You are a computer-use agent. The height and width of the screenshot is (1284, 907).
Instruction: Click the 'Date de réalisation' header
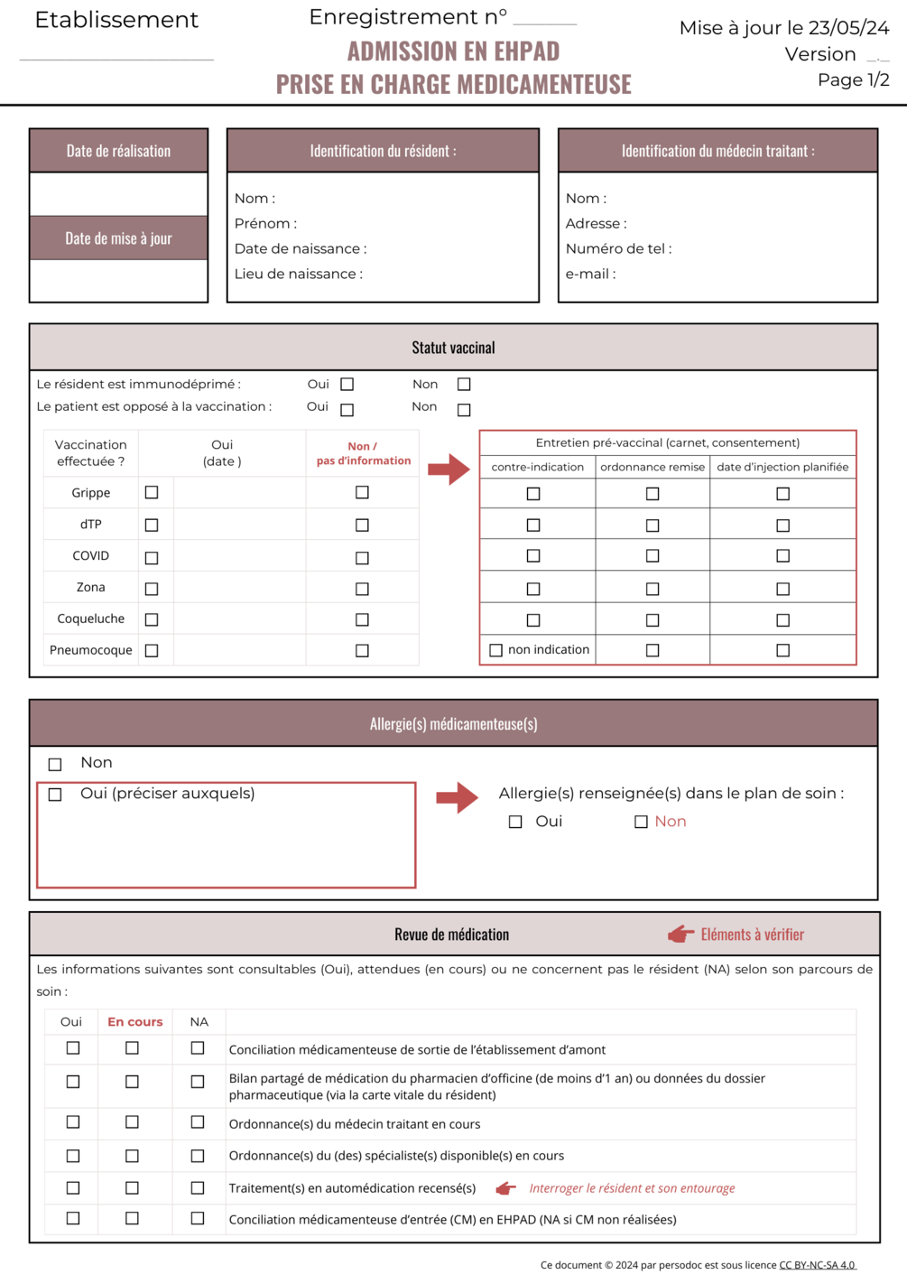pos(118,151)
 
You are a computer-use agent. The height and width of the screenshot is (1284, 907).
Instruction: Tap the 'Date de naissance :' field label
pos(300,248)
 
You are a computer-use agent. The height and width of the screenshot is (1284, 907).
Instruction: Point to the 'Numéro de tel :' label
pos(618,248)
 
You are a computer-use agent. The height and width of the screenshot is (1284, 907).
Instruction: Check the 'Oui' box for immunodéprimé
pos(347,385)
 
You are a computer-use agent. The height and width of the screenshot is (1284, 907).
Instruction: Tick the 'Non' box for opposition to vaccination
pos(464,410)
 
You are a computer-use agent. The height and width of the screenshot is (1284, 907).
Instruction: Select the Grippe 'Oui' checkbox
pos(152,492)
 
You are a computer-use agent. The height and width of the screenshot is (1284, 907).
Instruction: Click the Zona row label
pos(90,587)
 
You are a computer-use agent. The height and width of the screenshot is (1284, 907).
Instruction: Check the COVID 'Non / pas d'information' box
pos(362,558)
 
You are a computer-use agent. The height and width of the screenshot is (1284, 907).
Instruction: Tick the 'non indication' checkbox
pos(495,650)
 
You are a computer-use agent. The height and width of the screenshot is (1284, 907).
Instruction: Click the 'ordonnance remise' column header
pos(652,467)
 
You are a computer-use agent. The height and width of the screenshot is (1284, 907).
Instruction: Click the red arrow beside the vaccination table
pos(449,469)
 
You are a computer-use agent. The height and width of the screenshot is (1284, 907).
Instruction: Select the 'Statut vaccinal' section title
pos(453,348)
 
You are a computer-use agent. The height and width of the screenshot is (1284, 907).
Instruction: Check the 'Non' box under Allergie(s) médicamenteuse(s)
pos(55,765)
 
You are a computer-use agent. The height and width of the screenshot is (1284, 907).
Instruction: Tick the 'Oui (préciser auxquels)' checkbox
pos(55,795)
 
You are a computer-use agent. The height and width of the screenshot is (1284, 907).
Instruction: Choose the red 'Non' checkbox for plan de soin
pos(641,822)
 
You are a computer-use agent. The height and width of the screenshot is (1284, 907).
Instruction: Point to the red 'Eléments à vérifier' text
pos(752,935)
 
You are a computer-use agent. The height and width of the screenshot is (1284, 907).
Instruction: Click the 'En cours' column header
pos(134,1021)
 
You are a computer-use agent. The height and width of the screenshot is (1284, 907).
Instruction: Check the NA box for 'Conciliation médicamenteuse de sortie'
pos(198,1048)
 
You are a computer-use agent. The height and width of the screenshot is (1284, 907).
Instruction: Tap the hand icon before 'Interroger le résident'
pos(506,1188)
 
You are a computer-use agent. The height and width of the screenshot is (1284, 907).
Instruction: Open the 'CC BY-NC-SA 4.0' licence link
pos(817,1265)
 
